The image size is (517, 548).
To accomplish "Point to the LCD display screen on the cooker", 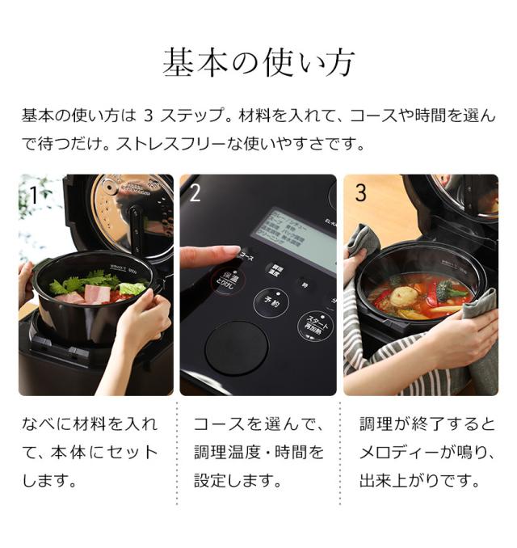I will pyautogui.click(x=295, y=234).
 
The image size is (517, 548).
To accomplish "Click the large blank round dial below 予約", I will pyautogui.click(x=236, y=347).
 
